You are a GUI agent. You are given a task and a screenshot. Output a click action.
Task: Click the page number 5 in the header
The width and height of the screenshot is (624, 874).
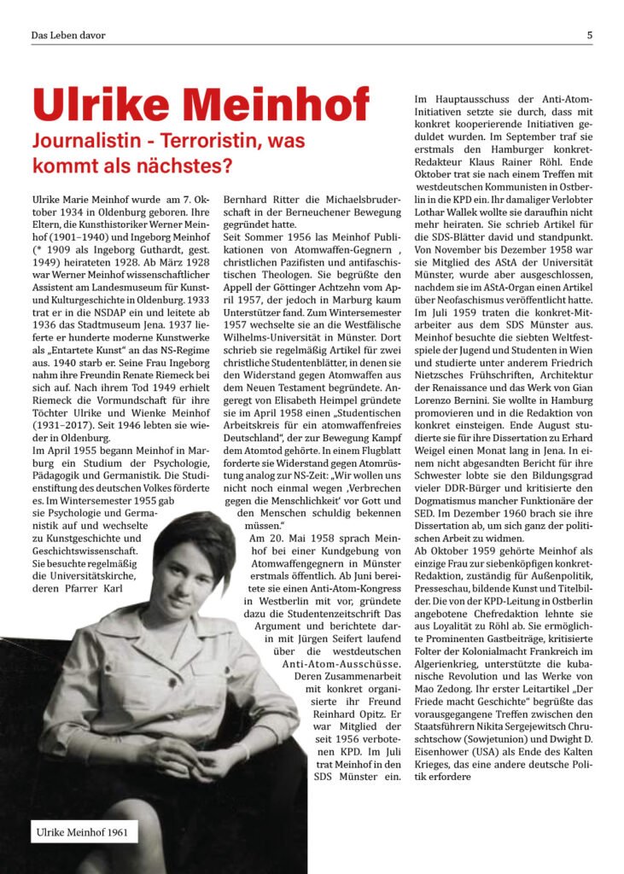pos(589,35)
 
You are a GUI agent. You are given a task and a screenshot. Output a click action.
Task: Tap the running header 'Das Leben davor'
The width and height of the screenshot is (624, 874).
pos(68,35)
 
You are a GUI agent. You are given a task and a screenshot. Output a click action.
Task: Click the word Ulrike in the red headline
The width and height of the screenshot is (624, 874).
pos(107,106)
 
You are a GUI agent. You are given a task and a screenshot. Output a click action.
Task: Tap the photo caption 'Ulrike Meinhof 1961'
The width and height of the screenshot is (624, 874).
pos(82,830)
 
